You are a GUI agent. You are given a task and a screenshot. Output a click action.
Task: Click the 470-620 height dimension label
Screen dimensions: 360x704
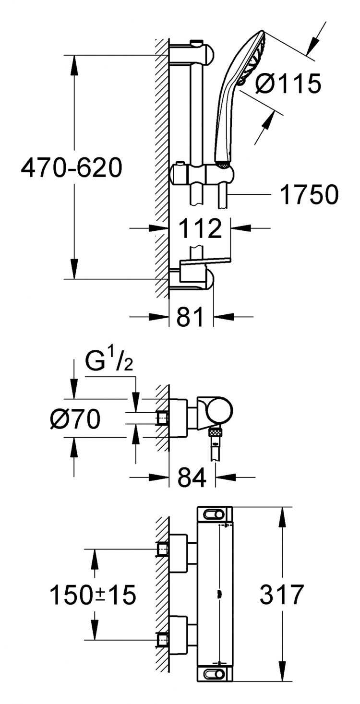point(72,168)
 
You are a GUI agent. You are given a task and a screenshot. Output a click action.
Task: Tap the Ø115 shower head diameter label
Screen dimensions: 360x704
point(288,84)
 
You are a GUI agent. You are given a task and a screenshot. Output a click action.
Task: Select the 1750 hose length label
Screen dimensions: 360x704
point(310,194)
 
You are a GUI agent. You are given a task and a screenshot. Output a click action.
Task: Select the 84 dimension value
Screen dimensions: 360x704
point(192,477)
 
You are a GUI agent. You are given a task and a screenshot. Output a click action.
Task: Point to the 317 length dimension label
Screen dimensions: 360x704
point(282,594)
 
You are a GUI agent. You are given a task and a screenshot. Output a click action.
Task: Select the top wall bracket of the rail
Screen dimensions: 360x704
point(192,53)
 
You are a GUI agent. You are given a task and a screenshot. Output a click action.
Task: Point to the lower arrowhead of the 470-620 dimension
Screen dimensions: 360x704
point(74,269)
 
